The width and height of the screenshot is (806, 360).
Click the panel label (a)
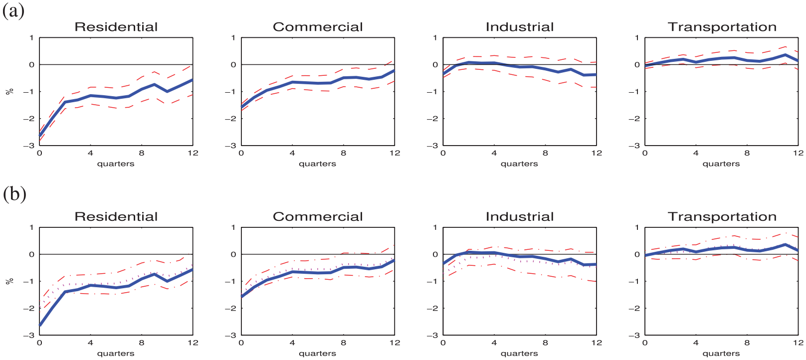point(13,11)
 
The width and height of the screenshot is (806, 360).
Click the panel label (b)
point(14,194)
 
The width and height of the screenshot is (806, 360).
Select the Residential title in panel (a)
point(116,27)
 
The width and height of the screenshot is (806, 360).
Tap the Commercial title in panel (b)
point(318,216)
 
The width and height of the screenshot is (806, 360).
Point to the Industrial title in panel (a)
point(520,27)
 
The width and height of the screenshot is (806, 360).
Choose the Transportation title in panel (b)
point(722,216)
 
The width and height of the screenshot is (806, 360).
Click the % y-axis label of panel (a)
point(9,91)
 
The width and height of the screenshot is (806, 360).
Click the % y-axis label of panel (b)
point(9,281)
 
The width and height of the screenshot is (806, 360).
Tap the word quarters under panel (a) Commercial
point(317,164)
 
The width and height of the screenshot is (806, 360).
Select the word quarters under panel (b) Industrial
point(519,354)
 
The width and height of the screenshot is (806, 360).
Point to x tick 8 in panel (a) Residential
point(142,153)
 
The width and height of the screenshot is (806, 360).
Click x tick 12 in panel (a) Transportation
point(798,153)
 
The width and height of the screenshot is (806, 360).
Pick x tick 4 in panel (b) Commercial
point(292,343)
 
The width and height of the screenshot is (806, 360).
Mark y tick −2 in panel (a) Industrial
point(432,118)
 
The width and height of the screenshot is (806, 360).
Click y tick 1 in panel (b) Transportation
point(637,227)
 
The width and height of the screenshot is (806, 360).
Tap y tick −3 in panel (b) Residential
point(29,335)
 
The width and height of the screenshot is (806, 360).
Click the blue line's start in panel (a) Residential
point(39,136)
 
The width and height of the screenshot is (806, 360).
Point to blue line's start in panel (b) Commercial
point(241,297)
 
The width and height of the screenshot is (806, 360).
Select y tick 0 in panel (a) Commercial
point(233,65)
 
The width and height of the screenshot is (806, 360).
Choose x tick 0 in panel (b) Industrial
point(443,343)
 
